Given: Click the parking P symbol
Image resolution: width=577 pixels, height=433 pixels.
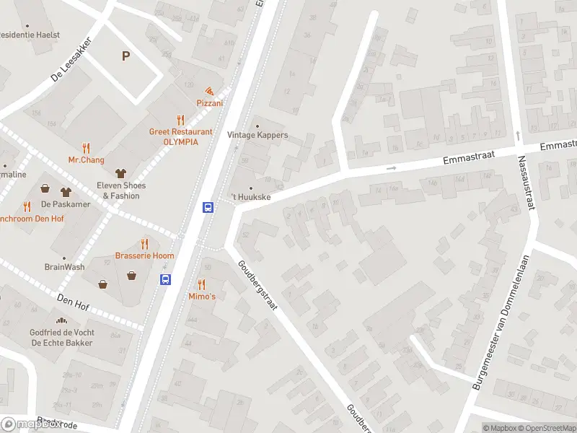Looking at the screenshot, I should (126, 56).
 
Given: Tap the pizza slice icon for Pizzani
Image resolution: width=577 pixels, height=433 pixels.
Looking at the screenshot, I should (209, 92).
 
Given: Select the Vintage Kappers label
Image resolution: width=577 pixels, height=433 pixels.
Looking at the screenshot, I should (257, 135).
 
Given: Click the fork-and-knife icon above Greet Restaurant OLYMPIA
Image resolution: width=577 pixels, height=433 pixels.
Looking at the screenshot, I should (180, 120).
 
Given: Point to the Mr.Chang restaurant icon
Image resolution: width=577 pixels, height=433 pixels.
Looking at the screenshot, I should (87, 147).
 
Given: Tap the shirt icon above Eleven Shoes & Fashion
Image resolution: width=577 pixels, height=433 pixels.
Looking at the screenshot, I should (120, 173).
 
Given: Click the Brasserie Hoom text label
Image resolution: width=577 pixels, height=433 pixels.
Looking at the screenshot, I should (144, 256).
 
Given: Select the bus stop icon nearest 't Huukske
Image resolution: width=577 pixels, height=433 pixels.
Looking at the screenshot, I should (208, 207).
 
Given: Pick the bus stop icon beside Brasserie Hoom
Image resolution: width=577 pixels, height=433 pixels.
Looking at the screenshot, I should (165, 279).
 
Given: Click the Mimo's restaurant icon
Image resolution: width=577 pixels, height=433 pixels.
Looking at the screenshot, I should (201, 284).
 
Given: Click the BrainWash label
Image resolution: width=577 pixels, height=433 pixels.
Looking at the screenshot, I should (64, 266).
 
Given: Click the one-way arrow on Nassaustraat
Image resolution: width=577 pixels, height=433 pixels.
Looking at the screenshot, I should (518, 135).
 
